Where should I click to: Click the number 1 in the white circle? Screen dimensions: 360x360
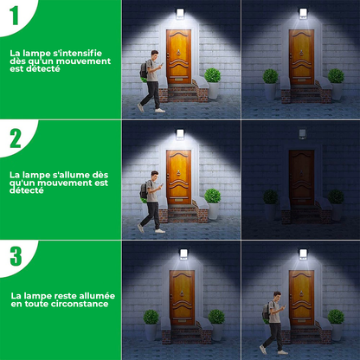pyautogui.click(x=15, y=16)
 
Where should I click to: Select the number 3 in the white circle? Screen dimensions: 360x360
pyautogui.click(x=16, y=256)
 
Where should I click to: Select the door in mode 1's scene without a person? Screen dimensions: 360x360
pyautogui.click(x=300, y=57)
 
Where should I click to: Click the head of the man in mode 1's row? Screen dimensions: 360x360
pyautogui.click(x=151, y=56)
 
